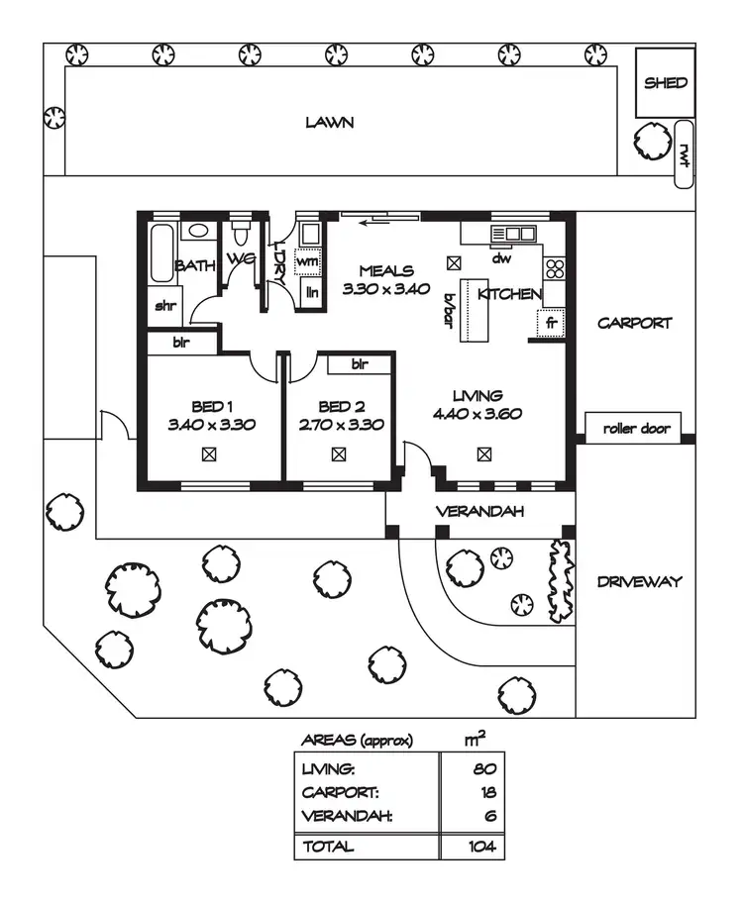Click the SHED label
pyautogui.click(x=665, y=83)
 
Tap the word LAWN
pyautogui.click(x=330, y=122)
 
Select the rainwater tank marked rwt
pyautogui.click(x=684, y=153)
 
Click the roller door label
pyautogui.click(x=636, y=429)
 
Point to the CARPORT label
pyautogui.click(x=635, y=323)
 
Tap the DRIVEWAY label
pyautogui.click(x=639, y=581)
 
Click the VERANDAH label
pyautogui.click(x=479, y=511)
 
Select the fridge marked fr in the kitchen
pyautogui.click(x=551, y=323)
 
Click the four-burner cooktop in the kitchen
pyautogui.click(x=555, y=268)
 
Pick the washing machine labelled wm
pyautogui.click(x=307, y=262)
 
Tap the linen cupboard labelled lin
pyautogui.click(x=311, y=292)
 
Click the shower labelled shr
pyautogui.click(x=164, y=306)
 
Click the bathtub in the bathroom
pyautogui.click(x=161, y=252)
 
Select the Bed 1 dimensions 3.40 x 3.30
pyautogui.click(x=212, y=425)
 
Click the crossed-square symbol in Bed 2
pyautogui.click(x=339, y=454)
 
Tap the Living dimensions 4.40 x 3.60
pyautogui.click(x=478, y=414)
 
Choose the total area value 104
pyautogui.click(x=481, y=847)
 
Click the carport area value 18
pyautogui.click(x=488, y=792)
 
